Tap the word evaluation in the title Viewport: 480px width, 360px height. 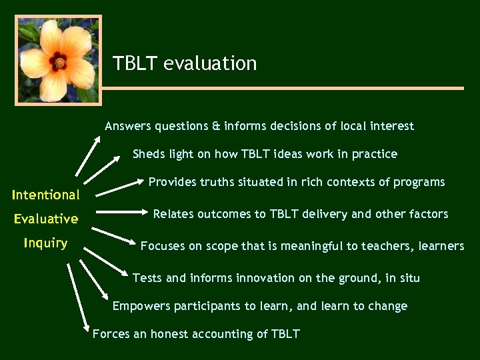coord(210,63)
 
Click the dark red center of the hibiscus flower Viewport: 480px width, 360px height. coord(59,62)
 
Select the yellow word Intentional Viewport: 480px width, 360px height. coord(45,195)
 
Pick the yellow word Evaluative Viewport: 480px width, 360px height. coord(46,219)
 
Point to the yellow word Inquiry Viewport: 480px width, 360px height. coord(45,243)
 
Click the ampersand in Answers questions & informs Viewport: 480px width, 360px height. coord(216,126)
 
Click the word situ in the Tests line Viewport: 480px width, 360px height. coord(409,277)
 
